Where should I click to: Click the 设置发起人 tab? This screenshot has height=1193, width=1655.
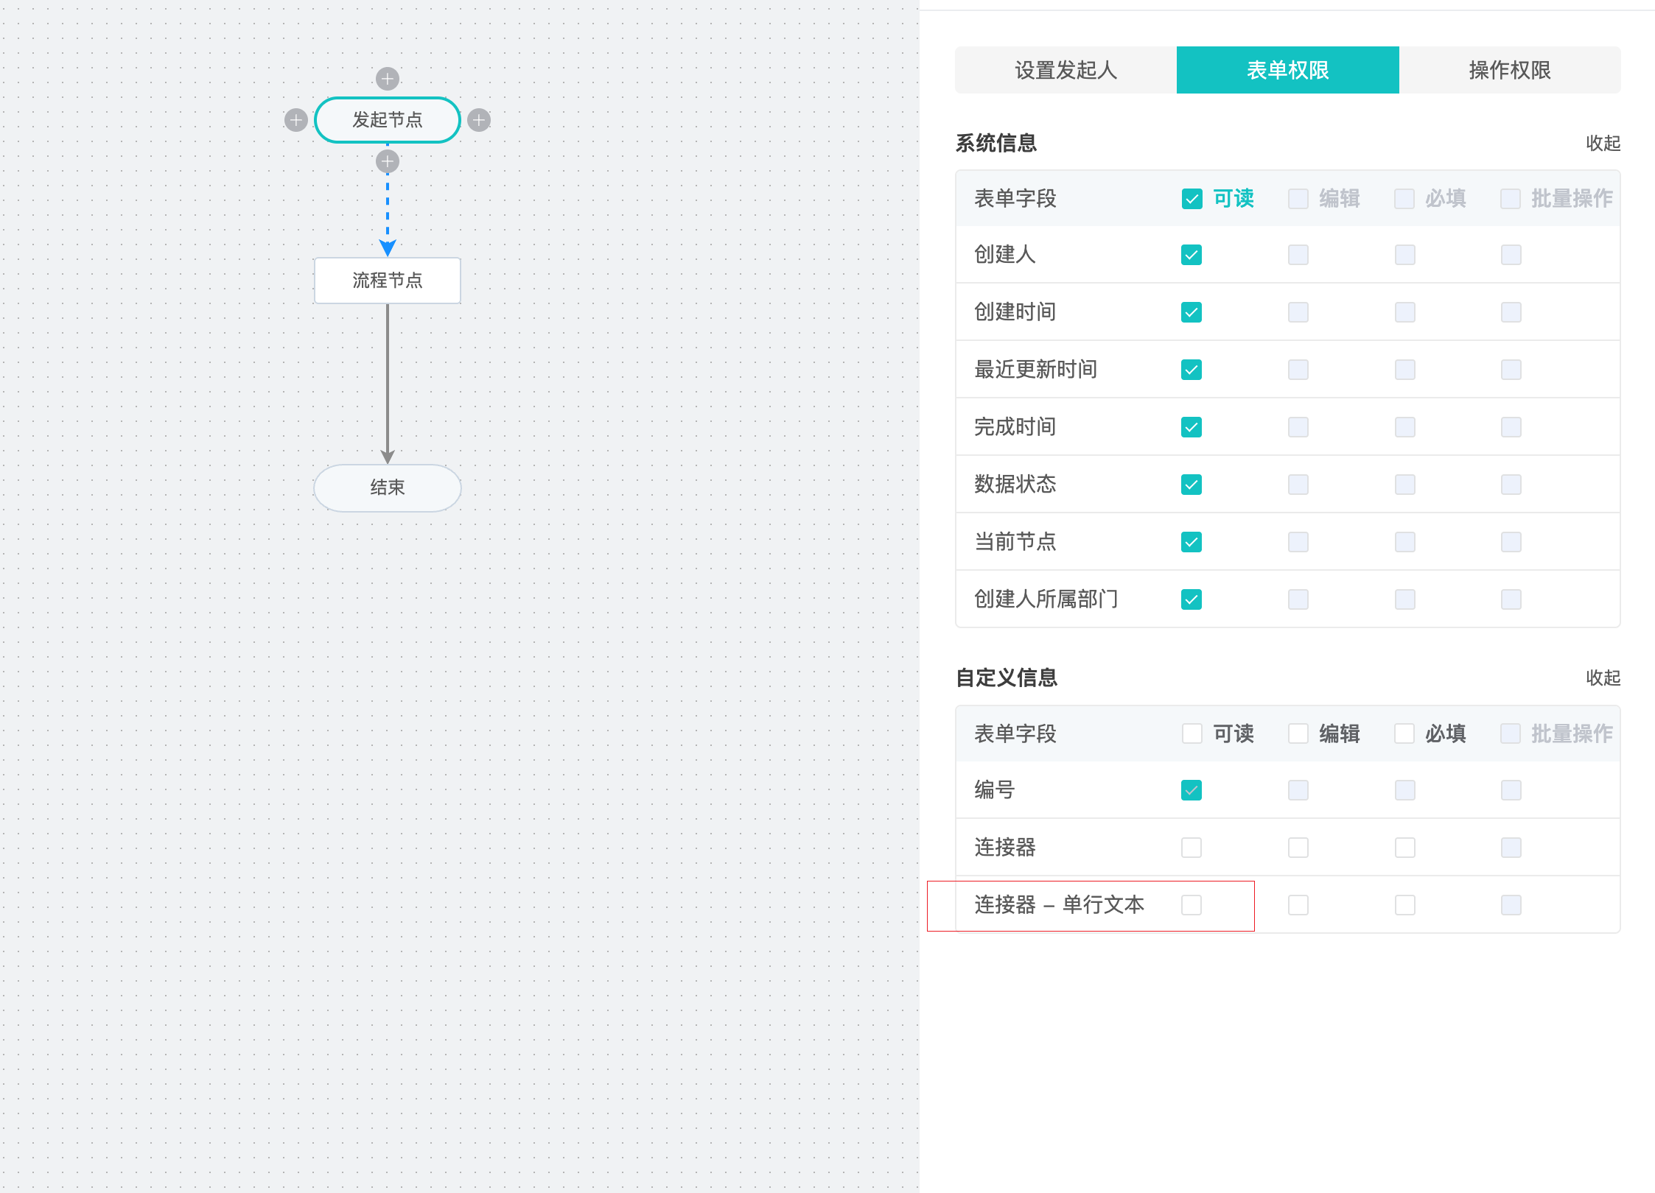pyautogui.click(x=1066, y=70)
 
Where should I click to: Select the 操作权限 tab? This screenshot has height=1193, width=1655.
pyautogui.click(x=1510, y=70)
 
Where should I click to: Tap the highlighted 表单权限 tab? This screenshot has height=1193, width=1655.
pyautogui.click(x=1288, y=70)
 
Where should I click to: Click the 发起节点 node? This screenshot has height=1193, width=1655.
pyautogui.click(x=388, y=120)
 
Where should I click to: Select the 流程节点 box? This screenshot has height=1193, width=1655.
pyautogui.click(x=388, y=281)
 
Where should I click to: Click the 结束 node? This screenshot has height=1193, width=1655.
pyautogui.click(x=388, y=488)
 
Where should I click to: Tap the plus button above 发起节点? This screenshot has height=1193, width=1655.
pyautogui.click(x=388, y=79)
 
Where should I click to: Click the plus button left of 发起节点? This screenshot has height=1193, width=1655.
pyautogui.click(x=296, y=120)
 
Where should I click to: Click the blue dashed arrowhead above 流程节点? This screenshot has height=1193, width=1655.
pyautogui.click(x=388, y=247)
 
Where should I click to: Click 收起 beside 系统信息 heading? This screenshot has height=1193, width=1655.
pyautogui.click(x=1603, y=143)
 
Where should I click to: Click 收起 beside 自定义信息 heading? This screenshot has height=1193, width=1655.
pyautogui.click(x=1603, y=678)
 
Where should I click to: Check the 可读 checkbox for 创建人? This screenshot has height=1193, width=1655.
pyautogui.click(x=1192, y=255)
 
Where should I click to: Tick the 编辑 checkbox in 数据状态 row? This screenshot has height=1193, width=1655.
pyautogui.click(x=1298, y=485)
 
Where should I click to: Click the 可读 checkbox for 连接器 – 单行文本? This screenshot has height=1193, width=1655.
pyautogui.click(x=1192, y=905)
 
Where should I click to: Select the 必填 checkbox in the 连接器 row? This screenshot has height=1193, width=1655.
pyautogui.click(x=1405, y=848)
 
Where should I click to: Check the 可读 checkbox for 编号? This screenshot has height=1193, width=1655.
pyautogui.click(x=1192, y=790)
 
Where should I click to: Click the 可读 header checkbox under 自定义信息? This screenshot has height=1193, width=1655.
pyautogui.click(x=1192, y=733)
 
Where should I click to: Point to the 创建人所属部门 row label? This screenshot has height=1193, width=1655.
pyautogui.click(x=1046, y=599)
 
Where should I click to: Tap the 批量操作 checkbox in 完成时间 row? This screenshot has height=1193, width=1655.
pyautogui.click(x=1511, y=427)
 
